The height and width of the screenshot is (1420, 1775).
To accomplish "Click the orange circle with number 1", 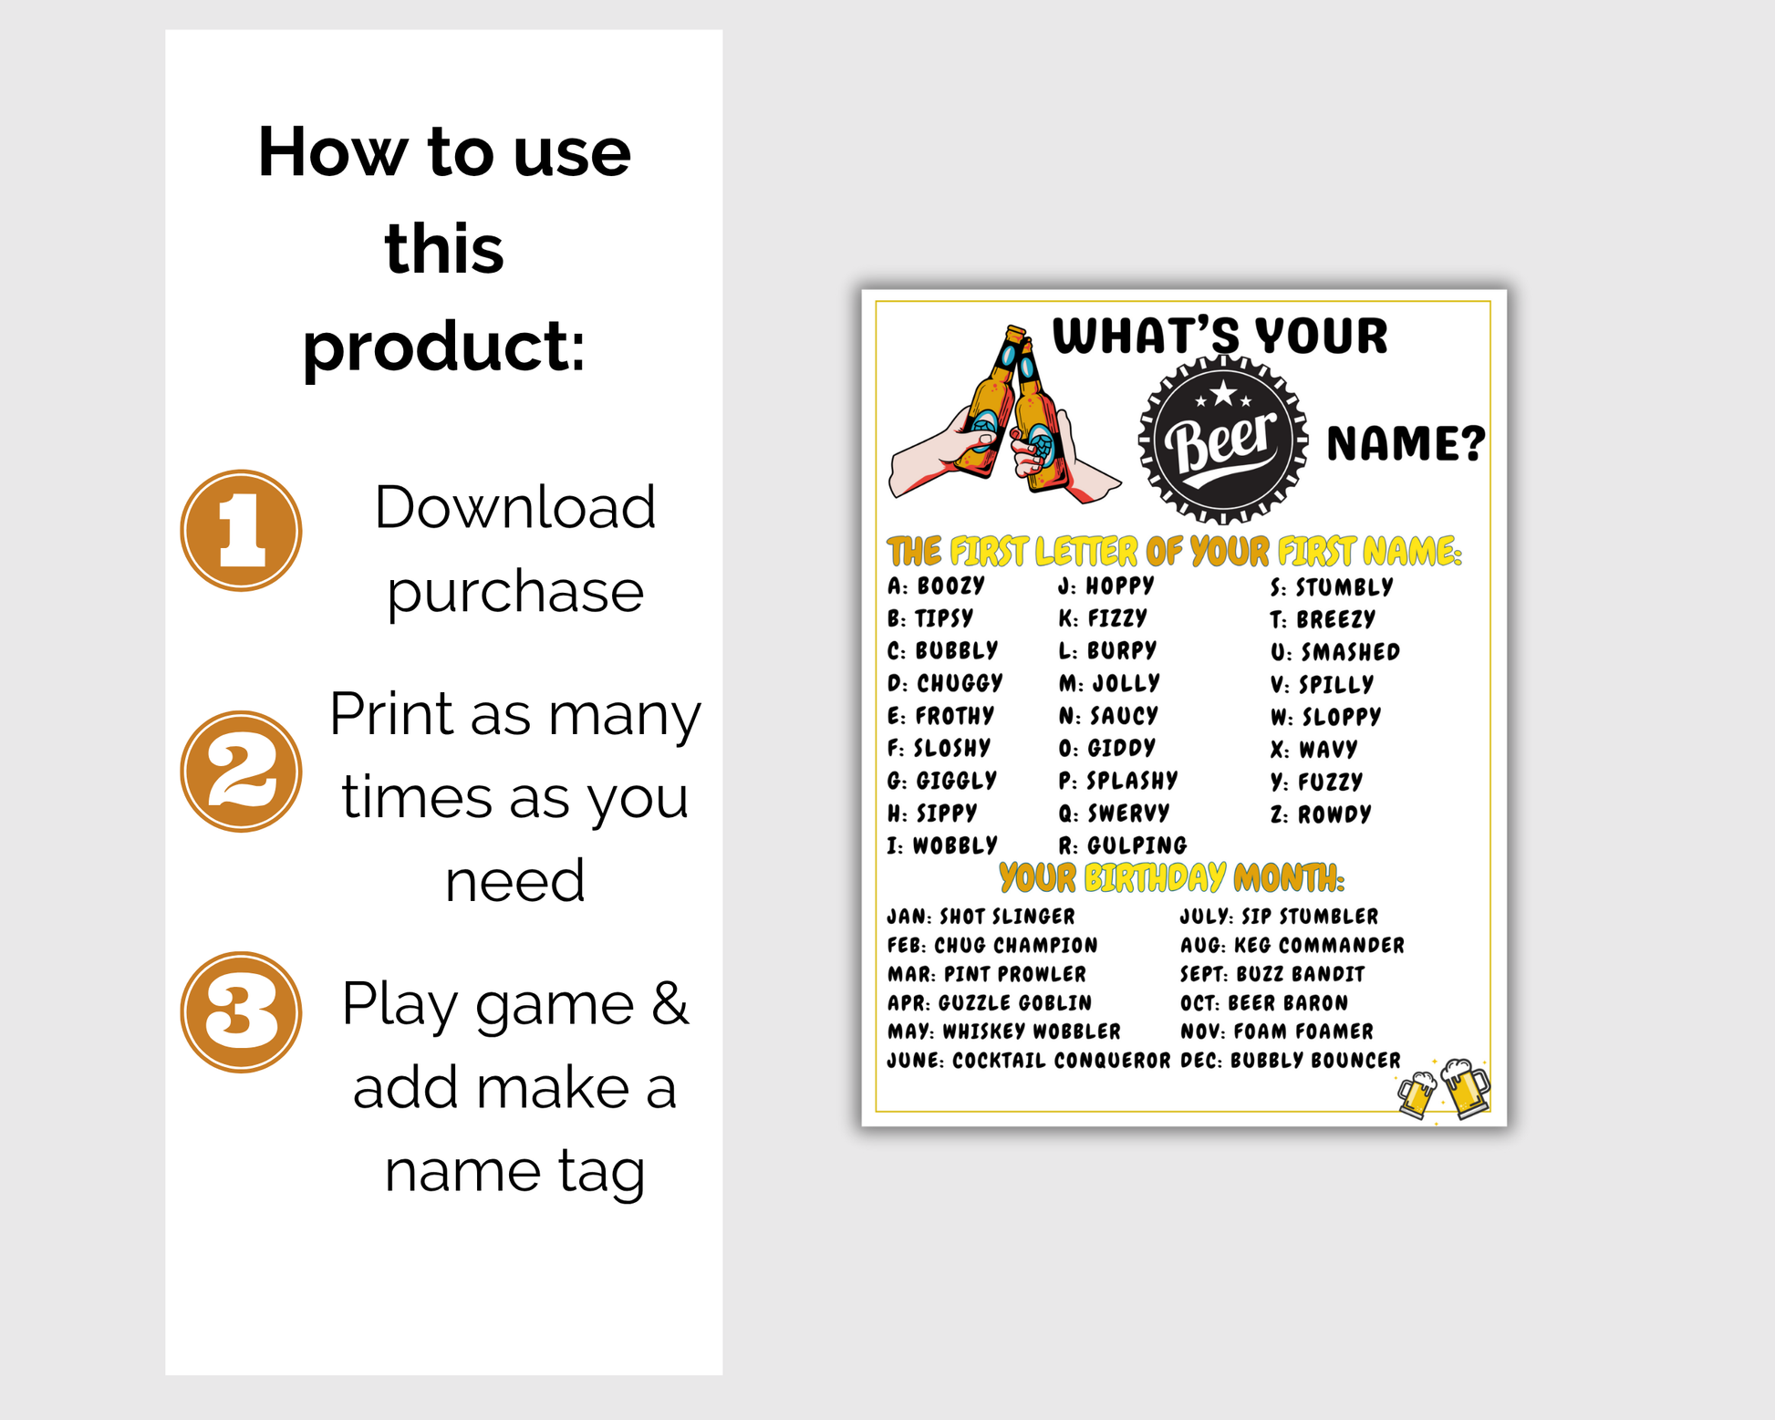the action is point(241,531).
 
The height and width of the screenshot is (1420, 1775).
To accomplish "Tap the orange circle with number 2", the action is point(241,772).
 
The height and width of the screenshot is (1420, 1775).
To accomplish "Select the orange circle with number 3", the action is point(241,1012).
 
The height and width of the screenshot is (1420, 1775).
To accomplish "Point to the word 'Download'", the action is point(515,507).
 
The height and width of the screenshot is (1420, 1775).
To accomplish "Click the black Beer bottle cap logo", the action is point(1223,441).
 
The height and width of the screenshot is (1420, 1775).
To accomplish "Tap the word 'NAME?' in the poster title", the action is point(1406,443).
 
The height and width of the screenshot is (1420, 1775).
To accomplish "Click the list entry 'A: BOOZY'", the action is point(936,586).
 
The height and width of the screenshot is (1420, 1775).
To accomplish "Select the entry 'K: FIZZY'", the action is point(1103,618).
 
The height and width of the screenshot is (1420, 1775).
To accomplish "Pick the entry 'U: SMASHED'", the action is point(1335,652).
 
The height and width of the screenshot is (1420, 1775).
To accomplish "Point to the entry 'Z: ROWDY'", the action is point(1321,814).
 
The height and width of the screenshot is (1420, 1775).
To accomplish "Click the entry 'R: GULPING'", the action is point(1123,845).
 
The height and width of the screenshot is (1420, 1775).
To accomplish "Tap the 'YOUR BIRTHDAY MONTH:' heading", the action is point(1171,877).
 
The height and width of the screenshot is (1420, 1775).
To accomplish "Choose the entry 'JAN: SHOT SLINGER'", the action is point(981,917).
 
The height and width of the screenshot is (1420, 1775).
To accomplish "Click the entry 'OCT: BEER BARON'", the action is point(1264,1003).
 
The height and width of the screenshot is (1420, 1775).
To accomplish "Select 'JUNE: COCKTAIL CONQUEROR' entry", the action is point(1029,1061).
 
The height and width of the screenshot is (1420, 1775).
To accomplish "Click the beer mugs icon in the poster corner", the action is point(1444,1089).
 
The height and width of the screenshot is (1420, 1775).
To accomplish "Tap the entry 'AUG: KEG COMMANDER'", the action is point(1292,946).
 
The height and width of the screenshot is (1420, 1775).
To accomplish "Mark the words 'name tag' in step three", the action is point(515,1172).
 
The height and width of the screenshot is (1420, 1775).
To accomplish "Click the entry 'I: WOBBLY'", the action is point(942,845).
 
